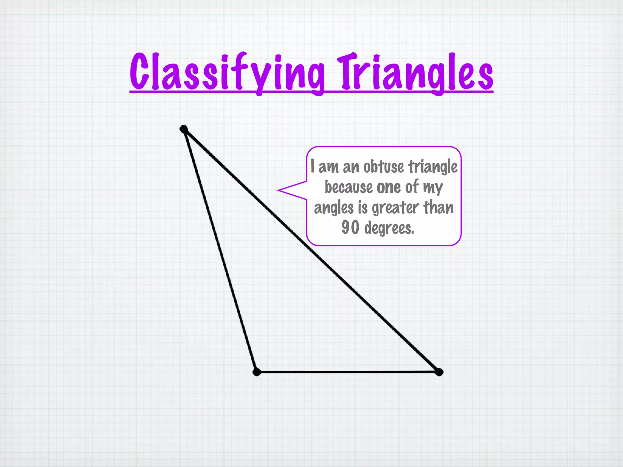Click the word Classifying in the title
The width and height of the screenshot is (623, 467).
coord(227,73)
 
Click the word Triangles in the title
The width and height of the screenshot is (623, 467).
coord(415,73)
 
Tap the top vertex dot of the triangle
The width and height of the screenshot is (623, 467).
coord(184,129)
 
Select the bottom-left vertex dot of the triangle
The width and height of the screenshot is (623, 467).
coord(257,372)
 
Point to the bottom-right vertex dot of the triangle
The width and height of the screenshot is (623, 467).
coord(439,372)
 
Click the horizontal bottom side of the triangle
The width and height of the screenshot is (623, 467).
coord(347,372)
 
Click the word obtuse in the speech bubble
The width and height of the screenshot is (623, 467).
coord(384,167)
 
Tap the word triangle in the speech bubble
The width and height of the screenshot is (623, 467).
coord(433,167)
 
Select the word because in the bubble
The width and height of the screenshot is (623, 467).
coord(349,187)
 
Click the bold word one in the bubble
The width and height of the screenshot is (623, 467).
coord(388,187)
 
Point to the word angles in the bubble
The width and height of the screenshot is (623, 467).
coord(334,208)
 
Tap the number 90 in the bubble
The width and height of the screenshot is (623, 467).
coord(350,228)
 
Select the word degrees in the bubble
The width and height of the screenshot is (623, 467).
coord(389,228)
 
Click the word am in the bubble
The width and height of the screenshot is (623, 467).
coord(328,167)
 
